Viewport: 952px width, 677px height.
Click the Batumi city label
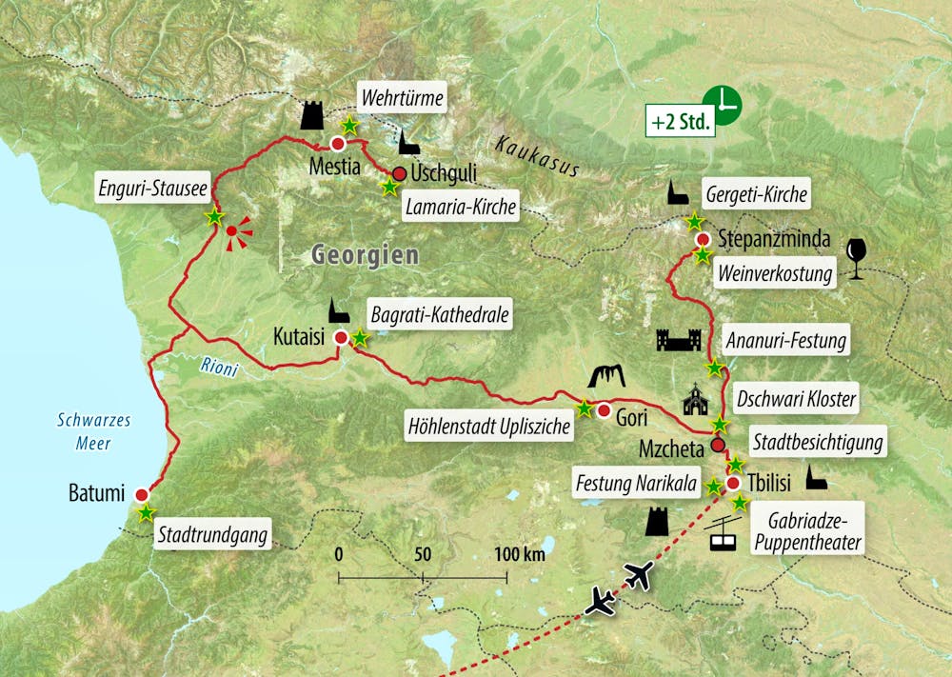coord(96,494)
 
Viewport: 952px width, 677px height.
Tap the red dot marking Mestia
coord(337,144)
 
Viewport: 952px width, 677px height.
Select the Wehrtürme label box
coord(402,97)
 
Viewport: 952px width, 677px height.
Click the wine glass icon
coord(858,258)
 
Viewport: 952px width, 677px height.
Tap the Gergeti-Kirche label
coord(757,195)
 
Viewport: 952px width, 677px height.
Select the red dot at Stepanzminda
coord(702,239)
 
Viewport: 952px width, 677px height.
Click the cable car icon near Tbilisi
coord(724,537)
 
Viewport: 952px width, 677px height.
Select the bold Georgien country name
coord(365,255)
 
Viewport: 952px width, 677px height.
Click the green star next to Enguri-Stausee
coord(214,217)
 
